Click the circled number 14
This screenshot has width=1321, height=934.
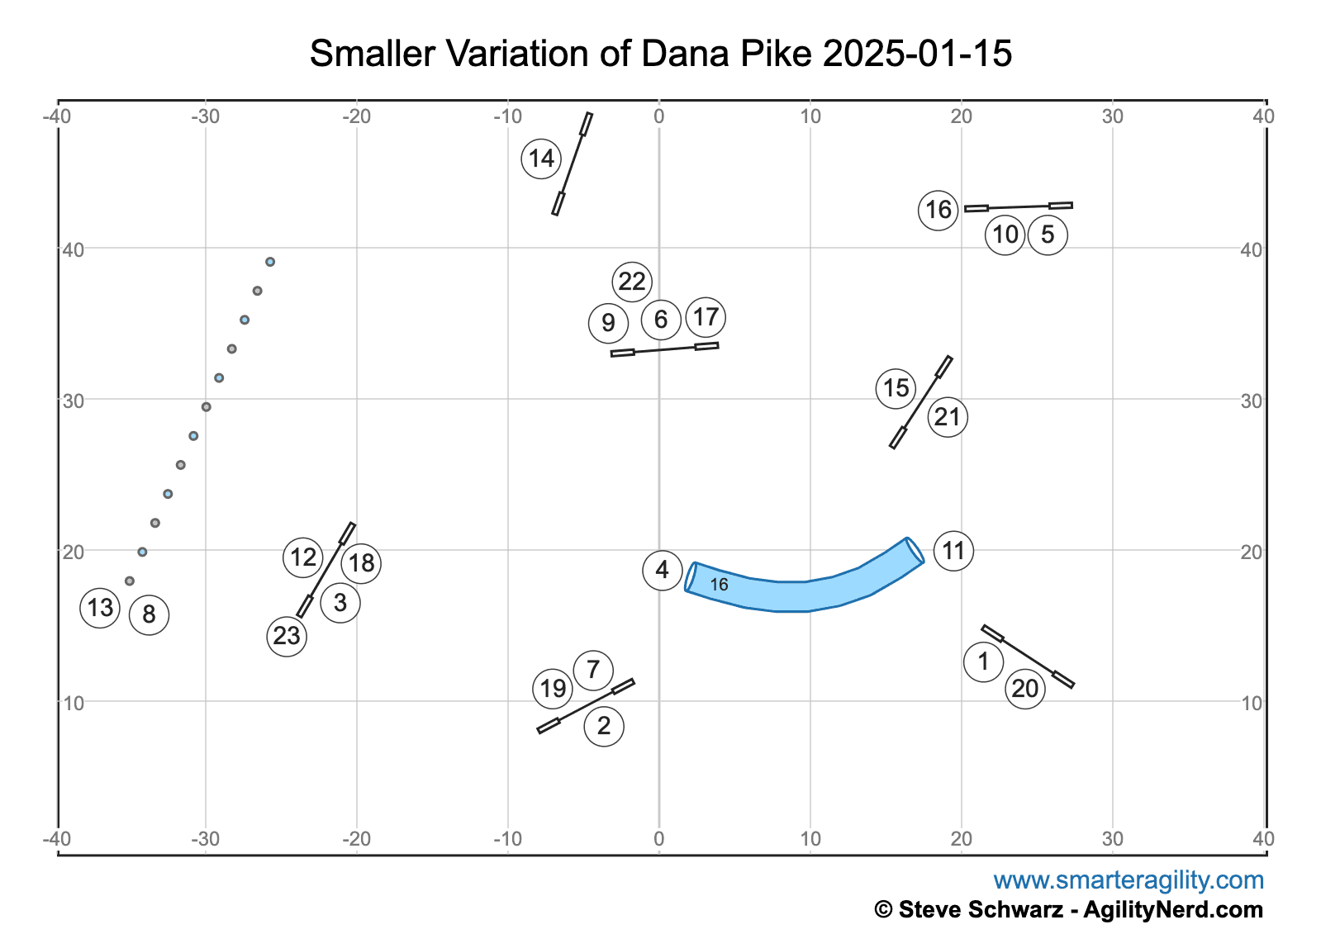[x=541, y=159]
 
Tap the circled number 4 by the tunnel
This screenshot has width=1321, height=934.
[x=663, y=570]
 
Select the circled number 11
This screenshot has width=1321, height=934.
[x=953, y=551]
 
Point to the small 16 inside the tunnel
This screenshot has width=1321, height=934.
[x=720, y=585]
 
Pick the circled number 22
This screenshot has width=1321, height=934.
[x=632, y=282]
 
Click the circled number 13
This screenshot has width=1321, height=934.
[x=100, y=609]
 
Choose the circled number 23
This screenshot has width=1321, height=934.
[x=287, y=636]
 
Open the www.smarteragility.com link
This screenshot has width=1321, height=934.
[x=1129, y=880]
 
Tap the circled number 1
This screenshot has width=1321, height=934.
[x=983, y=661]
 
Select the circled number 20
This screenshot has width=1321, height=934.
[x=1025, y=689]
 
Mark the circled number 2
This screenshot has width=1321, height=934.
[x=604, y=726]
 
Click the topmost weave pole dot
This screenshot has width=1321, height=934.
[x=270, y=262]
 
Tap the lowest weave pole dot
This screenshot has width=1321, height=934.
[x=130, y=581]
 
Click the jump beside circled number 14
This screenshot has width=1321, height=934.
[x=573, y=164]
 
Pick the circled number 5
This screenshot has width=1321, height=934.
[x=1048, y=235]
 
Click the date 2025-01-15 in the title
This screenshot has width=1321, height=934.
[x=918, y=55]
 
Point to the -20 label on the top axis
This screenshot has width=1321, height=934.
[x=356, y=116]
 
